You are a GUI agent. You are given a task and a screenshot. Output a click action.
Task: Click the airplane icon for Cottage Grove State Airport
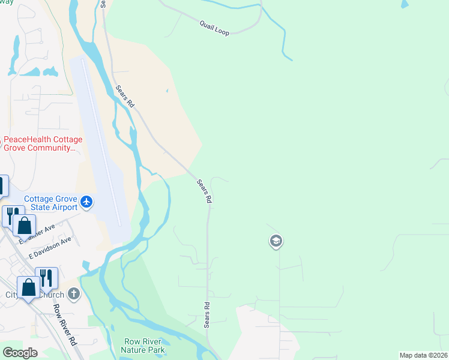87,202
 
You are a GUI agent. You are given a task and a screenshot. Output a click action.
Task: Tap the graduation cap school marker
276,242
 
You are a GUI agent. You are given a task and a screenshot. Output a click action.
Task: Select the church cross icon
73,294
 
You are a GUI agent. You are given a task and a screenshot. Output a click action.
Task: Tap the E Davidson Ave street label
52,247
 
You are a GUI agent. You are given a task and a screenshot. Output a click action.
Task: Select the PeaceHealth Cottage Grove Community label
43,143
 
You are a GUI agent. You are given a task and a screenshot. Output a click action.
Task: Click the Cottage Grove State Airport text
50,203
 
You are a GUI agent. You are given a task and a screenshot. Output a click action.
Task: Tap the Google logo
20,353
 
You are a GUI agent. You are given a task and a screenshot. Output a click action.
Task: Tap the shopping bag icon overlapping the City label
29,287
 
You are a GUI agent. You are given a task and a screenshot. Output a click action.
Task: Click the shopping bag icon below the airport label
25,226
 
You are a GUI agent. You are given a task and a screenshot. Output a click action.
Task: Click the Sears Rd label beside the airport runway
124,97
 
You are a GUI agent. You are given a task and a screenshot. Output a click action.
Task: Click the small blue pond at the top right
405,4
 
